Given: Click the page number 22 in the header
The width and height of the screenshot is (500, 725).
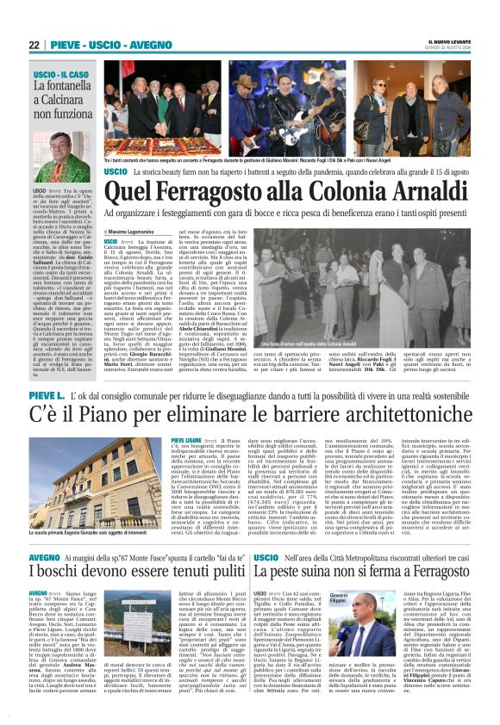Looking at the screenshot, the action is [x=34, y=45].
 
